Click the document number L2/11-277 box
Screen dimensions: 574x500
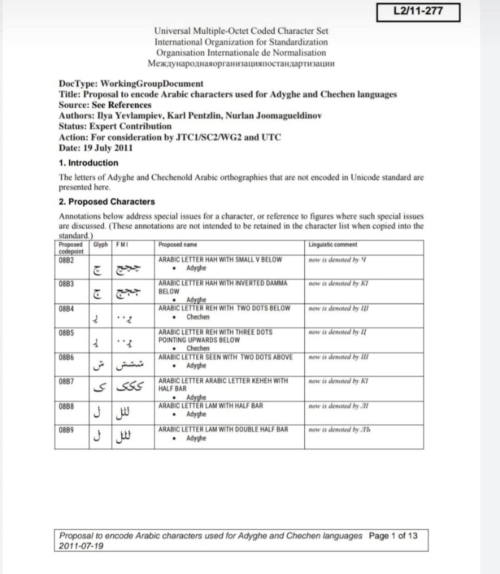click(x=418, y=12)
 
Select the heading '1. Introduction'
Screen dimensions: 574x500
click(x=88, y=163)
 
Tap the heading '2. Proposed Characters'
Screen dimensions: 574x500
click(x=107, y=202)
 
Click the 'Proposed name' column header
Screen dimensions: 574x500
click(x=177, y=245)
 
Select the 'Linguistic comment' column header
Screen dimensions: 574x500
click(x=332, y=245)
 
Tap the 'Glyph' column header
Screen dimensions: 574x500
click(x=100, y=245)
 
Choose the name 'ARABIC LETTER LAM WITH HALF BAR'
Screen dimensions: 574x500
click(x=211, y=406)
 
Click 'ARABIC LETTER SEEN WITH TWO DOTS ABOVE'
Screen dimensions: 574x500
click(x=225, y=357)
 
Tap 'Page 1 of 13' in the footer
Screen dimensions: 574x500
click(x=393, y=536)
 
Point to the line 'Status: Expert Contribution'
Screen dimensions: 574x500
click(x=115, y=126)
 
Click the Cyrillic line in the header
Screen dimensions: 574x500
click(x=241, y=63)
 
